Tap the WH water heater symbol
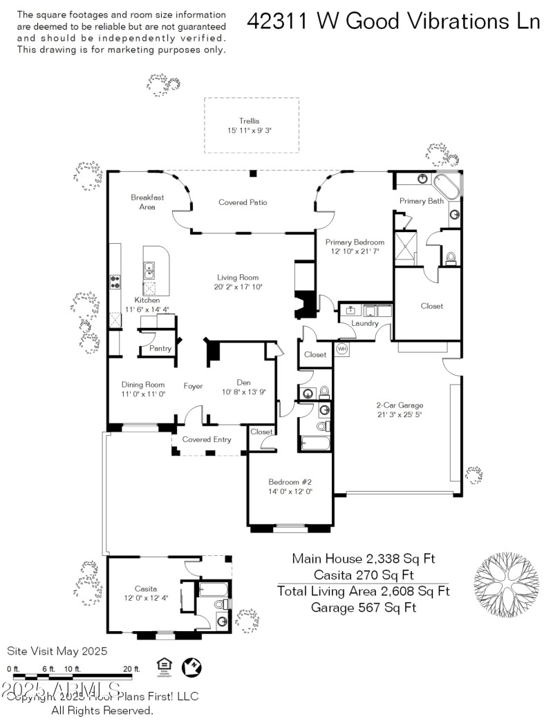point(341,349)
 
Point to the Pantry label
point(160,349)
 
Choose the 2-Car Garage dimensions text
point(399,415)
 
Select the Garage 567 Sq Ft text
point(363,608)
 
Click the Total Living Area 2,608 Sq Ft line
point(363,591)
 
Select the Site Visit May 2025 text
point(57,650)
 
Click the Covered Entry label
point(207,439)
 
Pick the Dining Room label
point(143,385)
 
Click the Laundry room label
point(364,323)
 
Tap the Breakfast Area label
point(147,202)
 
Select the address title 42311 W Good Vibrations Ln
point(393,21)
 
